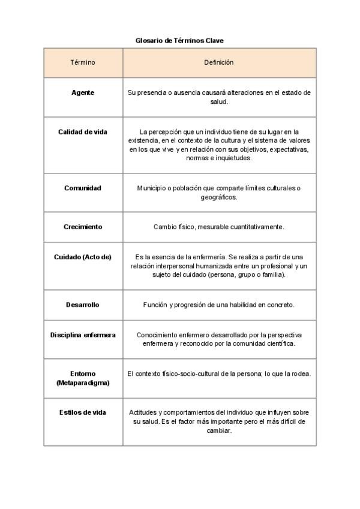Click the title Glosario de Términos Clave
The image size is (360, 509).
pyautogui.click(x=179, y=41)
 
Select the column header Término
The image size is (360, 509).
pyautogui.click(x=83, y=62)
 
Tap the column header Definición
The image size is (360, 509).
pyautogui.click(x=219, y=62)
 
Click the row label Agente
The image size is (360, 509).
pyautogui.click(x=83, y=93)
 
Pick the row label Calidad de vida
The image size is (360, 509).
pyautogui.click(x=83, y=132)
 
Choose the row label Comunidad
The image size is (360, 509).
pyautogui.click(x=83, y=188)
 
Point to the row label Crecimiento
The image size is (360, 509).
pyautogui.click(x=83, y=227)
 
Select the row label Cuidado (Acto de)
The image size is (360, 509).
pyautogui.click(x=83, y=256)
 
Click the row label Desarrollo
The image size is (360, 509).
pyautogui.click(x=83, y=305)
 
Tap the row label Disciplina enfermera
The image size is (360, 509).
pyautogui.click(x=83, y=334)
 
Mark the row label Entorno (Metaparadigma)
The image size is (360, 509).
pyautogui.click(x=83, y=378)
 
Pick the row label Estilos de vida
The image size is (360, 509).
pyautogui.click(x=83, y=412)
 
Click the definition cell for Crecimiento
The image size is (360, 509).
pyautogui.click(x=219, y=227)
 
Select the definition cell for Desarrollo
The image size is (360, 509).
pyautogui.click(x=219, y=305)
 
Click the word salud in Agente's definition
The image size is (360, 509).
pyautogui.click(x=219, y=102)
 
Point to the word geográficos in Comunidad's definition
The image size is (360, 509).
pyautogui.click(x=219, y=197)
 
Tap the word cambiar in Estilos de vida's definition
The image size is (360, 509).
pyautogui.click(x=219, y=430)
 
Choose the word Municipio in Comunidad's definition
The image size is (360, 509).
pyautogui.click(x=151, y=188)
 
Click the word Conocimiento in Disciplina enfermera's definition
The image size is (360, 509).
pyautogui.click(x=158, y=334)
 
